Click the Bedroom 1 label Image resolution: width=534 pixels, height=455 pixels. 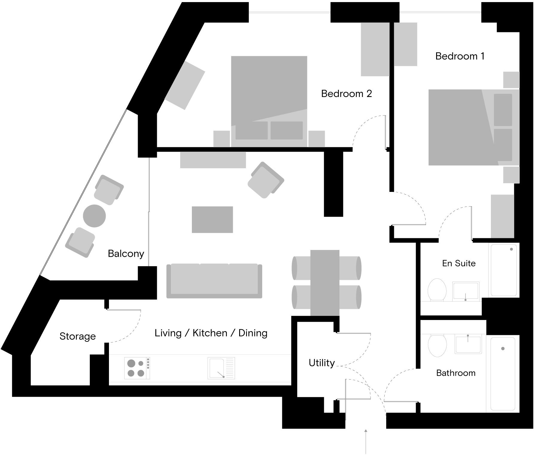(460, 56)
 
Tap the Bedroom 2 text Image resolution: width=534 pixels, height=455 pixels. (346, 94)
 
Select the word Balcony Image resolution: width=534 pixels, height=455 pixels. (126, 254)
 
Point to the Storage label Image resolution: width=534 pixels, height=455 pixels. (78, 336)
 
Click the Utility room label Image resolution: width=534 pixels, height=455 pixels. (321, 363)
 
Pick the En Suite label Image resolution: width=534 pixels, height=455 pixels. (459, 263)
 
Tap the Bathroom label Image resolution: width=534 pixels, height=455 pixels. (456, 373)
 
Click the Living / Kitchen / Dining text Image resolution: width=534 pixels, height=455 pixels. (211, 333)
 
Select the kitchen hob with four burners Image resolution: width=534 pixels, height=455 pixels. (137, 368)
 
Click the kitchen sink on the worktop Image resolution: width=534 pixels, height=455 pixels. (221, 368)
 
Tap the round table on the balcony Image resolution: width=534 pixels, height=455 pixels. (94, 216)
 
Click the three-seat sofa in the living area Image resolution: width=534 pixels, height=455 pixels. (214, 280)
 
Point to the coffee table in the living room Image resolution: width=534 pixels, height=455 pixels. (212, 219)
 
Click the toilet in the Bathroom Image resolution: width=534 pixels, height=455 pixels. (437, 345)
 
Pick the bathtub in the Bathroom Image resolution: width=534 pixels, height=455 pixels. (503, 374)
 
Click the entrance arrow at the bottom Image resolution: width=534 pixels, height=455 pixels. (365, 441)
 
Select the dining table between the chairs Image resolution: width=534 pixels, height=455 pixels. (325, 283)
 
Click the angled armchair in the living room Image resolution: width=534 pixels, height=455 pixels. (266, 180)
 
